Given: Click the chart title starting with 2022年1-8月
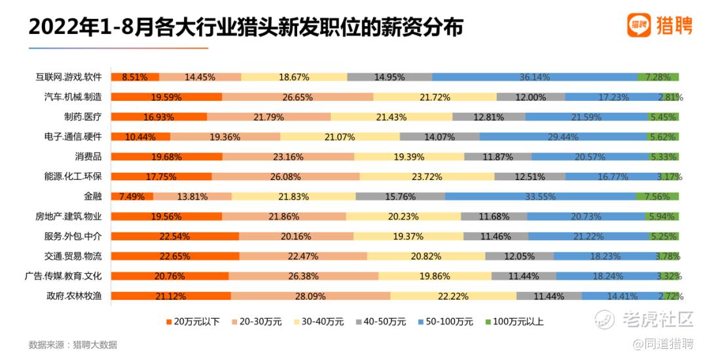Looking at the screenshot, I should coord(245,27).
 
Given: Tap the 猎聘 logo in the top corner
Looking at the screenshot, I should coord(658,26).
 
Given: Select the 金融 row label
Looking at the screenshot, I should coord(93,196).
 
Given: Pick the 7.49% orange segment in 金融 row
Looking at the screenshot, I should coord(134,196).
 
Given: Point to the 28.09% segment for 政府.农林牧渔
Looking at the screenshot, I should coord(310,296).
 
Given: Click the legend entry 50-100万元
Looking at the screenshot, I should coord(450,321).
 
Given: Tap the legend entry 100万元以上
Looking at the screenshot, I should coord(516,321).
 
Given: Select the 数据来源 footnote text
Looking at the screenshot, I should coord(73,344).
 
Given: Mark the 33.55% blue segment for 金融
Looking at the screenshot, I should coord(539,196).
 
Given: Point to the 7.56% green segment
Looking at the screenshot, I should coord(657,196).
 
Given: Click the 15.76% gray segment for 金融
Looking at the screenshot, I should coord(400,196).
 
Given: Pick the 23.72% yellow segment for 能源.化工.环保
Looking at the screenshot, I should coord(427,177).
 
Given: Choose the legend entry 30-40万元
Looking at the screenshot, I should coord(321,321).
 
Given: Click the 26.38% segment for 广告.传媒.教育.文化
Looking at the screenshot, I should coord(303,276).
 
